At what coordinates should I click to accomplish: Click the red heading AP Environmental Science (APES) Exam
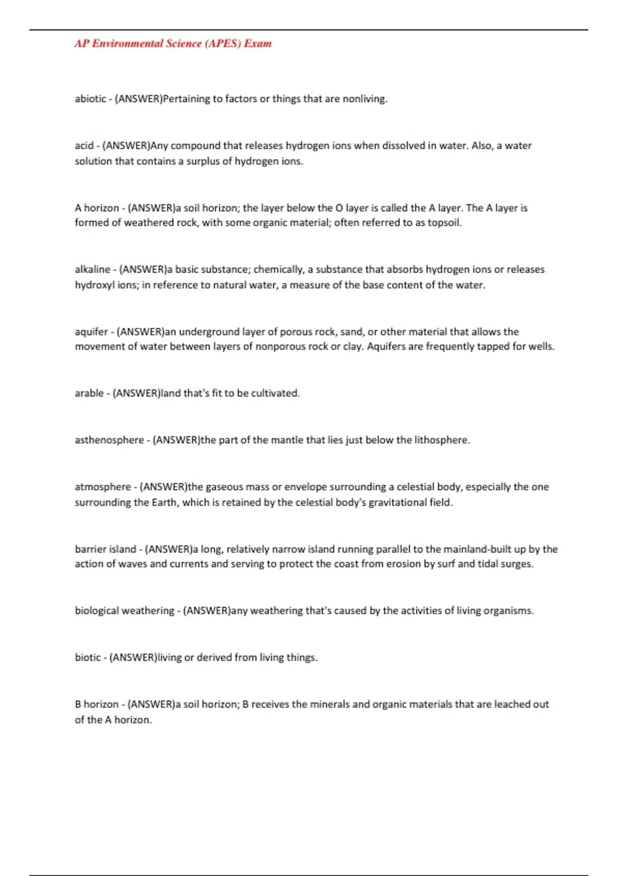pyautogui.click(x=173, y=44)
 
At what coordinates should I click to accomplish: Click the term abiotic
pyautogui.click(x=90, y=98)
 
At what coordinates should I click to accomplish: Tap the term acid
pyautogui.click(x=84, y=145)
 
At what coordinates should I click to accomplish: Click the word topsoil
pyautogui.click(x=444, y=223)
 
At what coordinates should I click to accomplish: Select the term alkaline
pyautogui.click(x=92, y=269)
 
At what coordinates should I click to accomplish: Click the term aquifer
pyautogui.click(x=91, y=331)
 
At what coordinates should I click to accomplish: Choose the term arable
pyautogui.click(x=89, y=393)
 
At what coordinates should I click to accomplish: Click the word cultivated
pyautogui.click(x=275, y=393)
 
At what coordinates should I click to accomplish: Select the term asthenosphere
pyautogui.click(x=109, y=440)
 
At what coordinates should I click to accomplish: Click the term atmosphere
pyautogui.click(x=102, y=486)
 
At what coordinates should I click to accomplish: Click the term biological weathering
pyautogui.click(x=125, y=611)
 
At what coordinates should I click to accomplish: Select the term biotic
pyautogui.click(x=88, y=658)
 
